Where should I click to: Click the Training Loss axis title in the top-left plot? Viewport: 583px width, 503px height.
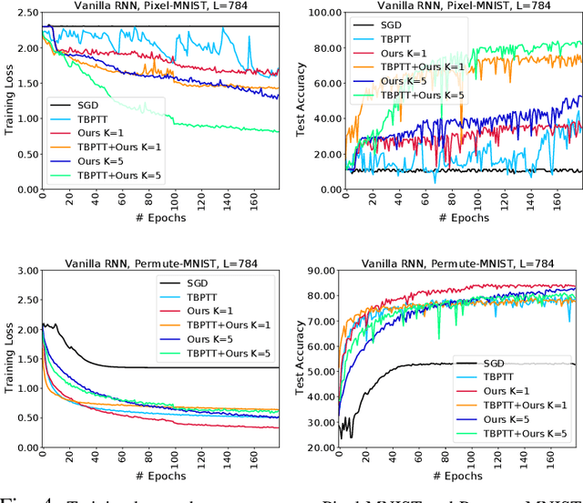[10, 101]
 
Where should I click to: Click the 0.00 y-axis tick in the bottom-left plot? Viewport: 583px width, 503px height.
[27, 448]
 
